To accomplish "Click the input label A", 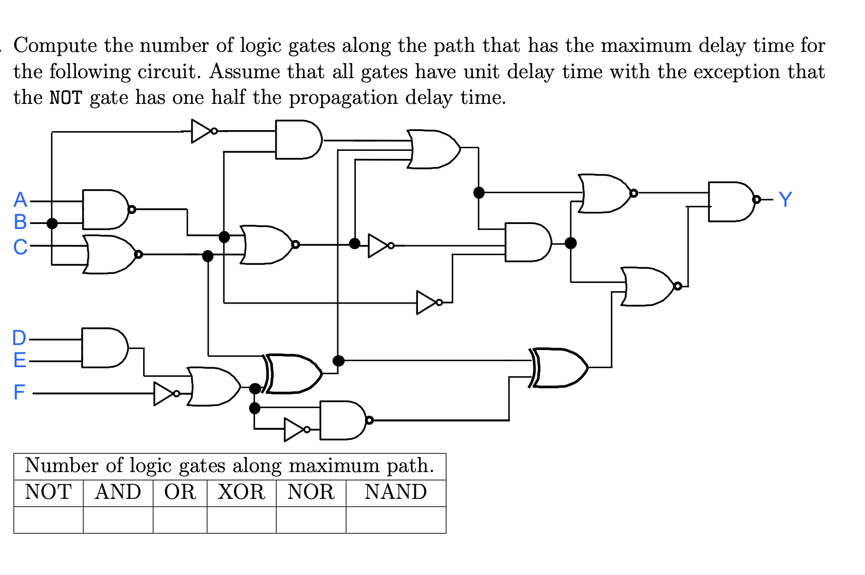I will pyautogui.click(x=20, y=200).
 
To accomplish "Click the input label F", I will pyautogui.click(x=19, y=392).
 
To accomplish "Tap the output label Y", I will pyautogui.click(x=785, y=200).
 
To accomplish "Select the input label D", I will pyautogui.click(x=19, y=338).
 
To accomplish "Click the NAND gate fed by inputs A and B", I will pyautogui.click(x=105, y=209).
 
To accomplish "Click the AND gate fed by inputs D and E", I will pyautogui.click(x=104, y=348).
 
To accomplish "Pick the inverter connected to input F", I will pyautogui.click(x=164, y=393).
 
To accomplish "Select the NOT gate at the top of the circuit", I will pyautogui.click(x=202, y=131).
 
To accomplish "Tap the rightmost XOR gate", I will pyautogui.click(x=560, y=367).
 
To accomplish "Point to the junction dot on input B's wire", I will pyautogui.click(x=52, y=223).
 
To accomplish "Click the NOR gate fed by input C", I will pyautogui.click(x=110, y=254).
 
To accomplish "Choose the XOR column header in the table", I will pyautogui.click(x=241, y=492).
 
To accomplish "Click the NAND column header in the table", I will pyautogui.click(x=396, y=492).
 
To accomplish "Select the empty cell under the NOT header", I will pyautogui.click(x=48, y=520).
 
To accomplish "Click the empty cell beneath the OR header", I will pyautogui.click(x=180, y=520).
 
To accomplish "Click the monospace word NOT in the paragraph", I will pyautogui.click(x=66, y=98).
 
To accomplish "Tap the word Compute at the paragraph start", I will pyautogui.click(x=55, y=46).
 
